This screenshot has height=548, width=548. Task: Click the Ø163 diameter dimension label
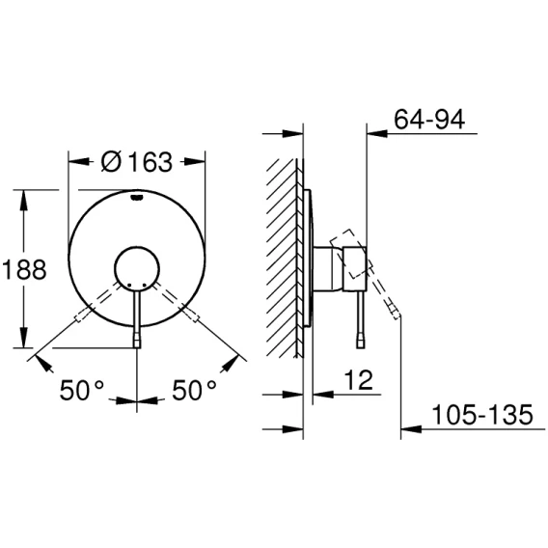137,162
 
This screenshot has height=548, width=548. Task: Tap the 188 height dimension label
24,269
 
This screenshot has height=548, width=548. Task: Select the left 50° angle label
82,390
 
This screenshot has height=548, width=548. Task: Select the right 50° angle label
194,390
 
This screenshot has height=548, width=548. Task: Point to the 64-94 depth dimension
429,120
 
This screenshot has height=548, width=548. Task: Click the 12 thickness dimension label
359,380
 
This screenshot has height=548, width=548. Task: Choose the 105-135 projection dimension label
482,415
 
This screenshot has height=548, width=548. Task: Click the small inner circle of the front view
137,269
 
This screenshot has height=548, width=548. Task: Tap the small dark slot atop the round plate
137,198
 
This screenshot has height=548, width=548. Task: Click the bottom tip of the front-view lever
137,347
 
